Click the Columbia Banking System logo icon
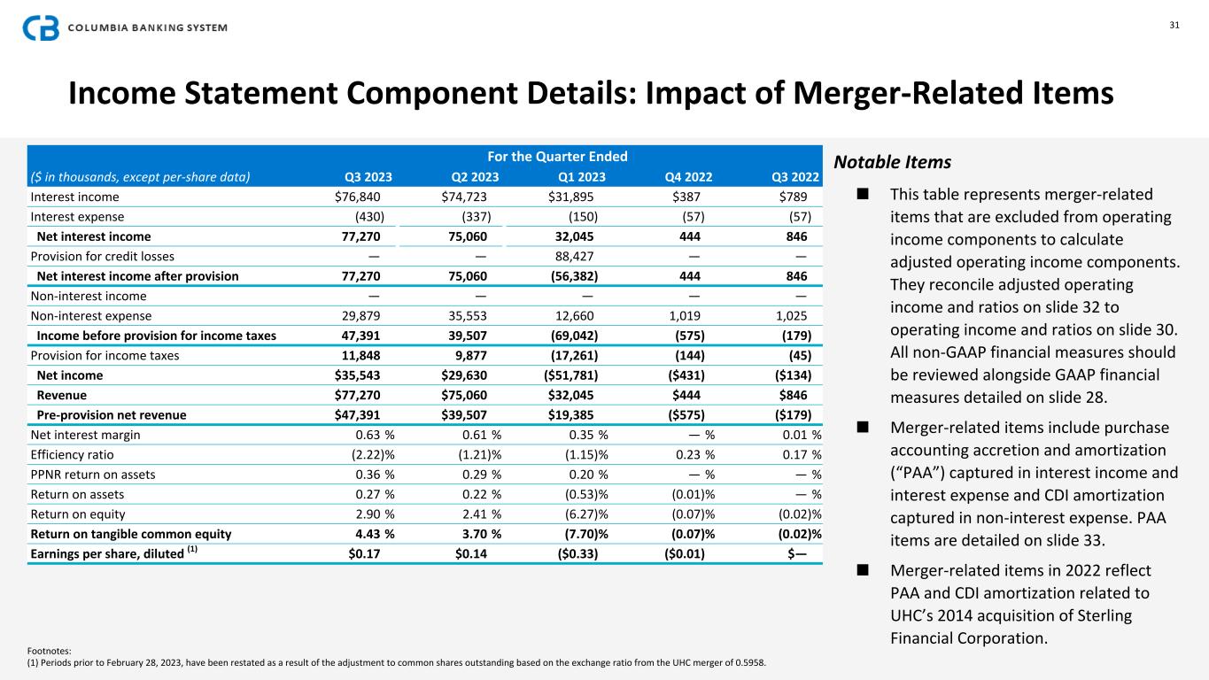41,27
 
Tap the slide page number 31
1174,25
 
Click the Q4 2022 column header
689,175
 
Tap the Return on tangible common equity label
131,534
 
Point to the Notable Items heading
893,163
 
